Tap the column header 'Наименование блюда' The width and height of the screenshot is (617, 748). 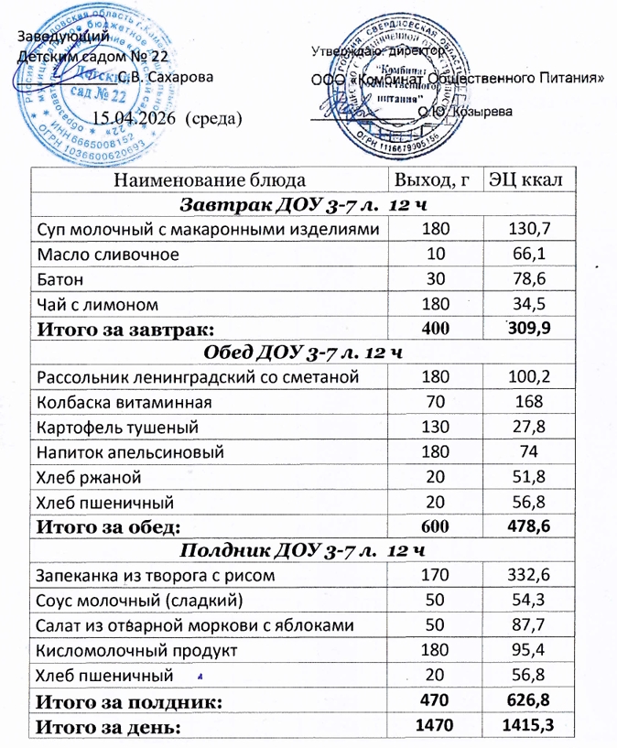(x=206, y=179)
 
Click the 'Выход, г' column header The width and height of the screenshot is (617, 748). (x=430, y=179)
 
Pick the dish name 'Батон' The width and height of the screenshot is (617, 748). (x=59, y=277)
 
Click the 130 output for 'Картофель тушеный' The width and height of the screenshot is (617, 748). (x=429, y=427)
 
